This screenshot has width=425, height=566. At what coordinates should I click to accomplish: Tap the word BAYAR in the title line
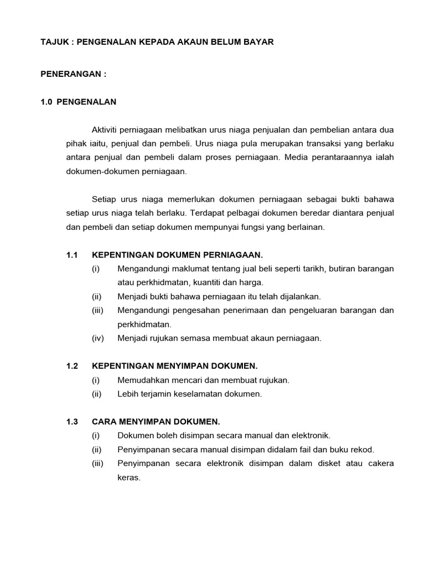[x=257, y=42]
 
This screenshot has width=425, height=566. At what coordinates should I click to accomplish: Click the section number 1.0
[x=46, y=102]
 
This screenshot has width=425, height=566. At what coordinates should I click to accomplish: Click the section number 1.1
[x=72, y=255]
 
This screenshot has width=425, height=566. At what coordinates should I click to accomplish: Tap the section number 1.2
[x=72, y=366]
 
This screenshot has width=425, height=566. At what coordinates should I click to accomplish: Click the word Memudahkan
[x=142, y=380]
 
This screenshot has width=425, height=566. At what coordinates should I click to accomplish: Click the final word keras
[x=129, y=477]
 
